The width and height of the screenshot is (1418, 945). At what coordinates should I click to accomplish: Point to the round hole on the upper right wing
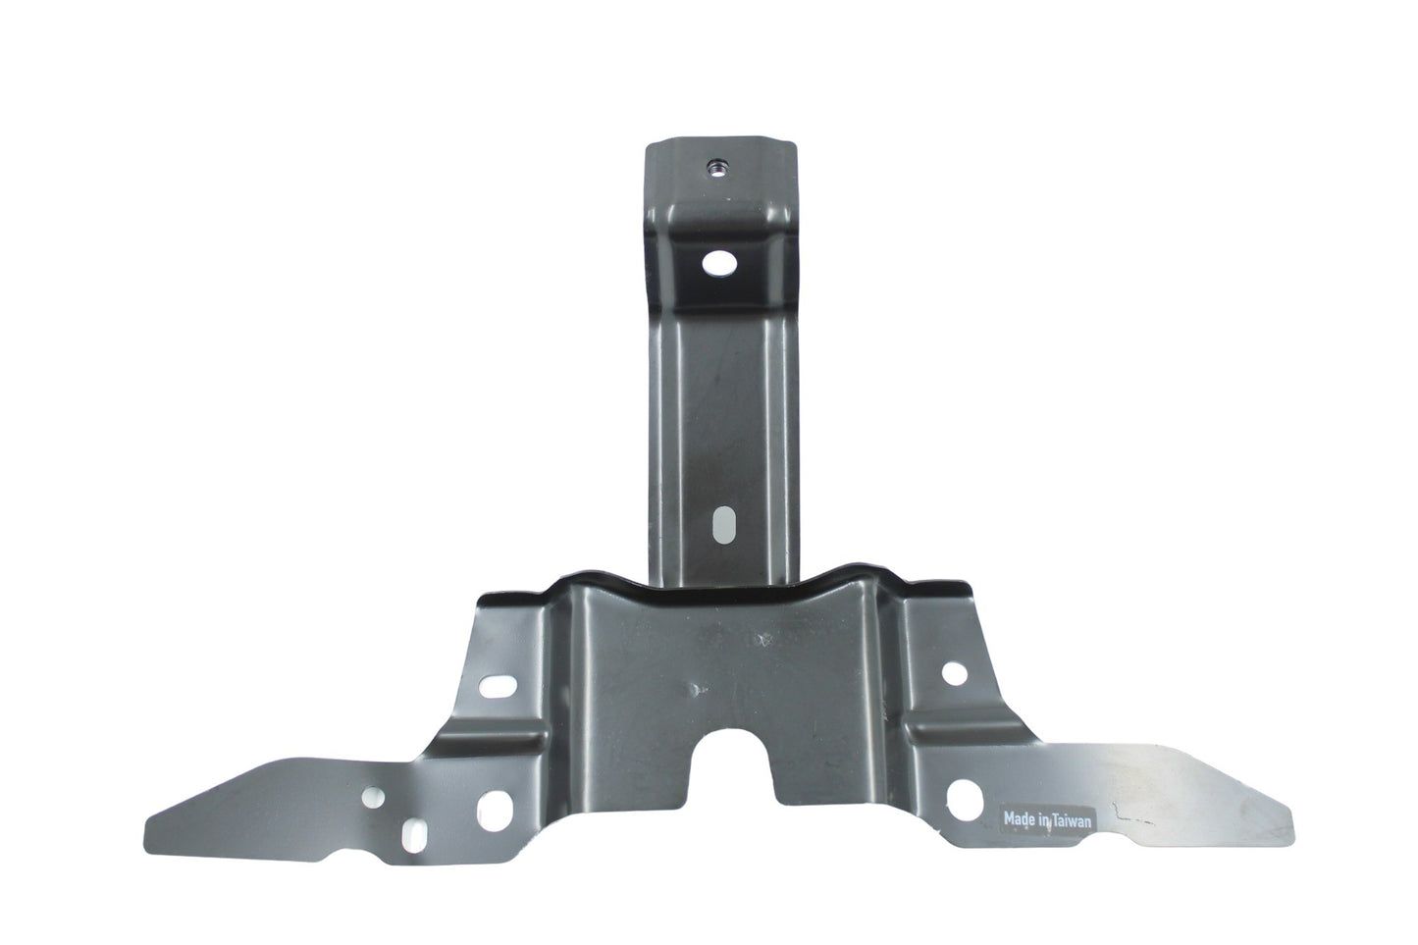click(x=955, y=673)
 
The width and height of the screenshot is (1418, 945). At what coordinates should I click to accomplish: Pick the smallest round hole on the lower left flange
click(x=373, y=797)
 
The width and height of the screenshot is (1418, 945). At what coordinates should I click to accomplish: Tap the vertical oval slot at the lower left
click(x=413, y=834)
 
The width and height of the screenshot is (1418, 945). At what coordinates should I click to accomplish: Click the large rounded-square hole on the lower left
click(x=495, y=811)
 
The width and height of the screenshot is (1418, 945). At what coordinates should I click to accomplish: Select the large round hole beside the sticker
click(x=965, y=801)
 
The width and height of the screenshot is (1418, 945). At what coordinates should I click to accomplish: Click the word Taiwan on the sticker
click(x=1073, y=821)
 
